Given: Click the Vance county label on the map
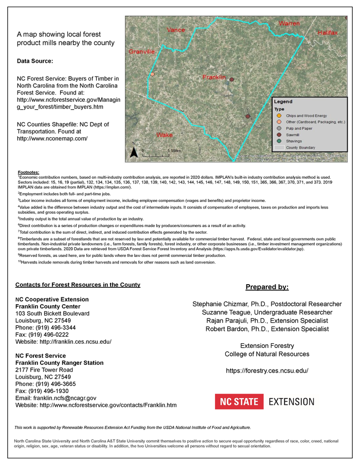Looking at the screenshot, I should [176, 30].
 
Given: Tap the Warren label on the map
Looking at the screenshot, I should [289, 24].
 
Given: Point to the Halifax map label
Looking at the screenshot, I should [327, 33].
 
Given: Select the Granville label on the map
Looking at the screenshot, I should [141, 52].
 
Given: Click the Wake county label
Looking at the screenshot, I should [165, 135].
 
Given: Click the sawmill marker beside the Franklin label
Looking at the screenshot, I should [231, 80].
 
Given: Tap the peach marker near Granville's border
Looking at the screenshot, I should [152, 75].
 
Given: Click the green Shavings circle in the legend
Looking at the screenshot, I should [278, 140].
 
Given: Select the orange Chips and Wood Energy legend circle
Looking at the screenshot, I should [278, 116].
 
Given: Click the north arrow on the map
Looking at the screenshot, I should [133, 152].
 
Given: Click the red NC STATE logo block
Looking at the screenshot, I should [239, 401].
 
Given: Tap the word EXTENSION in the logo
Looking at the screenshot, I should [291, 401].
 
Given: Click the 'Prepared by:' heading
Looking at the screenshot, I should [267, 287].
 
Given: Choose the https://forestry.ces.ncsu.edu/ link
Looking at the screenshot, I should [267, 370].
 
